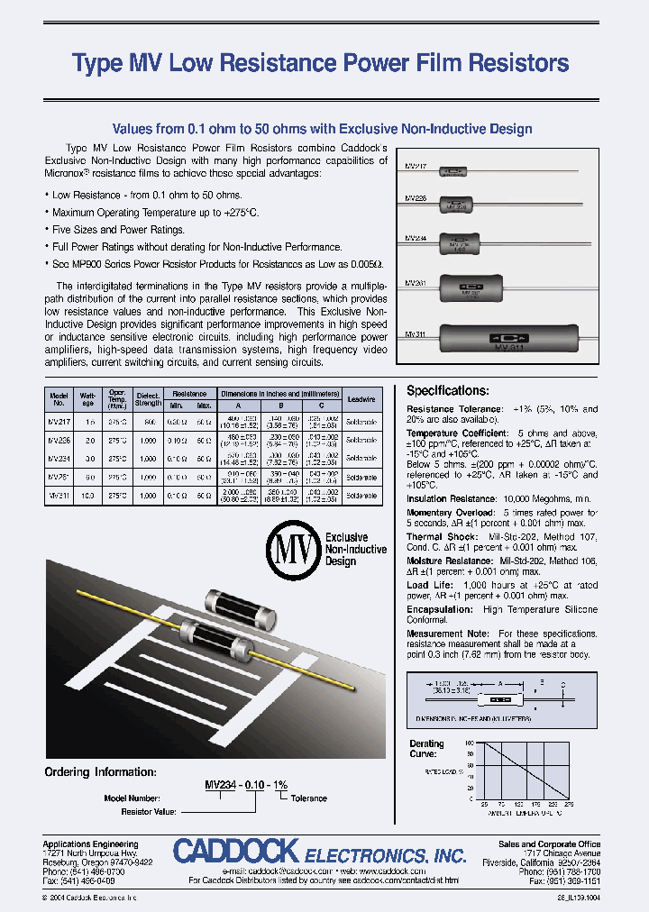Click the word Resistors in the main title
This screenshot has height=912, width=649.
click(513, 63)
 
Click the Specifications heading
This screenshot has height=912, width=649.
click(448, 391)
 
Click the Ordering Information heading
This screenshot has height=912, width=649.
click(101, 772)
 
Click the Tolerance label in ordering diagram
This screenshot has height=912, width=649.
click(309, 798)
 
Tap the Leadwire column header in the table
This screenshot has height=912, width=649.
click(361, 398)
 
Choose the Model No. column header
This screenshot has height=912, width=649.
click(59, 398)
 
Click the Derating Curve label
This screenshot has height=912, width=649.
click(427, 749)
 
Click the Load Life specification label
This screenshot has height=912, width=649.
click(430, 585)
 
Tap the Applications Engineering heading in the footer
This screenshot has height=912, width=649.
click(86, 844)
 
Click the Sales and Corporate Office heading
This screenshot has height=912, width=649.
click(549, 844)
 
